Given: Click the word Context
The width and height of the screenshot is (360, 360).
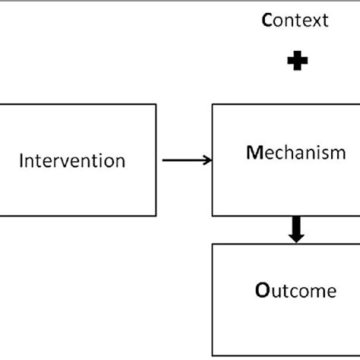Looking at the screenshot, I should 295,21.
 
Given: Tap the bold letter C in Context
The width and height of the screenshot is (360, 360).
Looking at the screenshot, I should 267,21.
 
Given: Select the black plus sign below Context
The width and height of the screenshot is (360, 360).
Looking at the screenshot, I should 297,62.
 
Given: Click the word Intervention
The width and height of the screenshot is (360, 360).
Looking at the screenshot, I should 72,161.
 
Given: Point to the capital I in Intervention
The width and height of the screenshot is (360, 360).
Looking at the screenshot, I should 21,161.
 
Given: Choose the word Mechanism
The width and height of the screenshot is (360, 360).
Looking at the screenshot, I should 296,153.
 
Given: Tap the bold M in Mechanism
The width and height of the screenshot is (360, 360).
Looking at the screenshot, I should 252,153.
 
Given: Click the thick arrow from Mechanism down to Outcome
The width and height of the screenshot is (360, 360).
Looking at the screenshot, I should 297,229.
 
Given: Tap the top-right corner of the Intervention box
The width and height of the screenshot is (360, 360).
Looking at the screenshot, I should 156,105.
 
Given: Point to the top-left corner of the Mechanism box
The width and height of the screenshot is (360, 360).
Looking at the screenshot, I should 212,105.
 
